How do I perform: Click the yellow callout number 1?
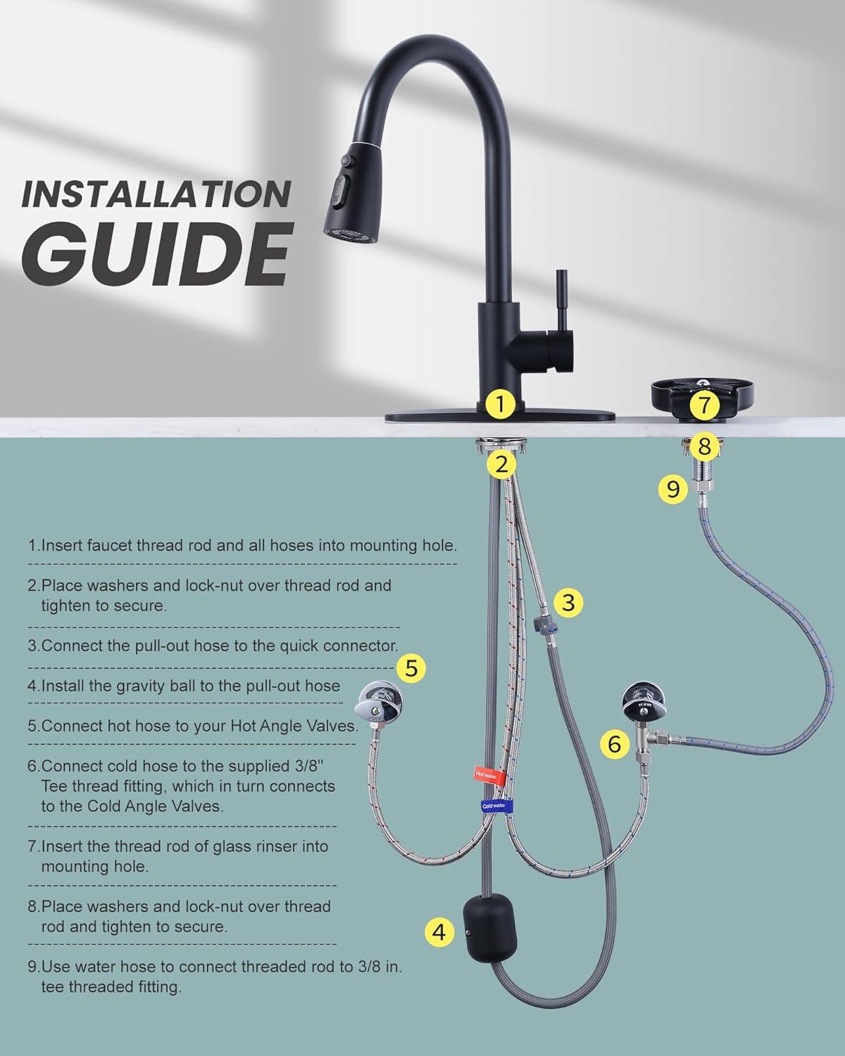tap(500, 404)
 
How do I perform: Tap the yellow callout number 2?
tap(501, 464)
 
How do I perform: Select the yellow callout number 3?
tap(568, 602)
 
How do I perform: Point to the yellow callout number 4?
tap(439, 931)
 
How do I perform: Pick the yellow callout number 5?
tap(411, 668)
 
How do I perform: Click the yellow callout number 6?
tap(615, 744)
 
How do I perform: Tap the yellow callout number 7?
tap(704, 404)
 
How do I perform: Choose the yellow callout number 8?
tap(704, 446)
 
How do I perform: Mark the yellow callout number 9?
tap(672, 489)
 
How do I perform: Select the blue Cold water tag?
tap(496, 806)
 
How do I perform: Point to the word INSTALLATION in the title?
tap(156, 194)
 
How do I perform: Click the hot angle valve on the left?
tap(378, 702)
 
